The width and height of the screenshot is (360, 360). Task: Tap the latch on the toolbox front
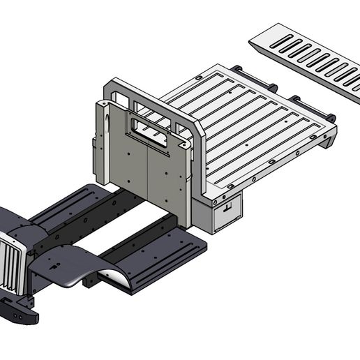227,208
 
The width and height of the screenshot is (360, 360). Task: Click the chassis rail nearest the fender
136,241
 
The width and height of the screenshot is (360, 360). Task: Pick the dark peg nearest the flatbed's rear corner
331,117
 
